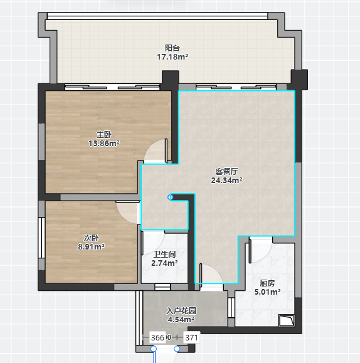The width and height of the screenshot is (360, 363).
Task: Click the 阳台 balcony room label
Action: (x=172, y=48)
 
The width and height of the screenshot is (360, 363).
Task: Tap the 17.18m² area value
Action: (x=172, y=56)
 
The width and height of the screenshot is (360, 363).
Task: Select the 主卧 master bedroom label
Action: (x=104, y=135)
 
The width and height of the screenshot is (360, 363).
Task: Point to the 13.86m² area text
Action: (x=104, y=144)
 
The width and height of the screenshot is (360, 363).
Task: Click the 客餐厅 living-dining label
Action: (x=226, y=172)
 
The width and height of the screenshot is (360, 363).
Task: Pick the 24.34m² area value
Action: (x=226, y=180)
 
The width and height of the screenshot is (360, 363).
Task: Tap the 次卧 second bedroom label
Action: (x=92, y=238)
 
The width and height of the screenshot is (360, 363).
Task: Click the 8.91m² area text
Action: (x=92, y=247)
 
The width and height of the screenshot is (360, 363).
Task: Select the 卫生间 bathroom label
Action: (x=164, y=255)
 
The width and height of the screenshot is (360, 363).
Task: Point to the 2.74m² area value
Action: (x=164, y=263)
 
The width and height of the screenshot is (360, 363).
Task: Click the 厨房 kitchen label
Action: (x=267, y=283)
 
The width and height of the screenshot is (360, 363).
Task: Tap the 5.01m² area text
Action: (x=267, y=292)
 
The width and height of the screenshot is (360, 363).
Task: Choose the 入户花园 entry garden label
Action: (x=181, y=311)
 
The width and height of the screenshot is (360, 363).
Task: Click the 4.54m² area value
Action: (x=181, y=320)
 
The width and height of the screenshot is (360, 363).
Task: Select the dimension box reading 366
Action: (x=158, y=337)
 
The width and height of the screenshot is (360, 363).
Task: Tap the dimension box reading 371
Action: (x=191, y=337)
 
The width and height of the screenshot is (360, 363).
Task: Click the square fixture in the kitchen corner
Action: (x=287, y=320)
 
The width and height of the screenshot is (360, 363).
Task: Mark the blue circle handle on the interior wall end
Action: (x=171, y=197)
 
